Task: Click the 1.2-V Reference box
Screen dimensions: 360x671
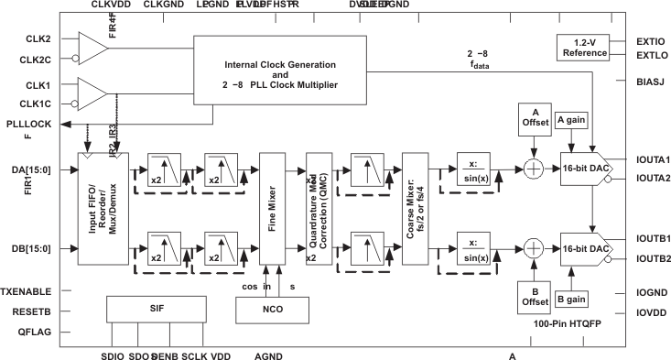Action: tap(583, 47)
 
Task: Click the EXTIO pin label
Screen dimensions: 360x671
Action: tap(643, 41)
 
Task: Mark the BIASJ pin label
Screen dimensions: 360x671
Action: tap(643, 83)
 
